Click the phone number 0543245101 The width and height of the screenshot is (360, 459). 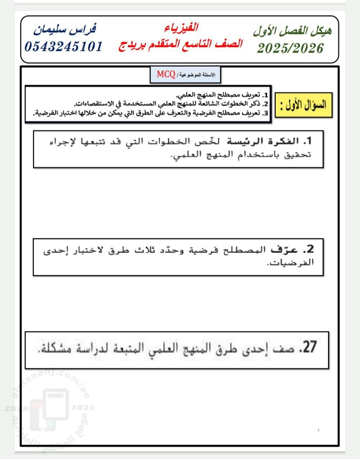[x=64, y=47]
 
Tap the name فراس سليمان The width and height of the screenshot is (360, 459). [x=65, y=29]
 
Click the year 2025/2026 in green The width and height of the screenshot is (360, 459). [x=290, y=48]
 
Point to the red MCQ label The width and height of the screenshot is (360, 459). [x=166, y=74]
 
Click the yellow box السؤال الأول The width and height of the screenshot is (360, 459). [x=303, y=105]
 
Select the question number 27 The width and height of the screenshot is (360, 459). [x=308, y=347]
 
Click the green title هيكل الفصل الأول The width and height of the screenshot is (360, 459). [x=292, y=31]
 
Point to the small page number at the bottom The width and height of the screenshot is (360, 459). [x=318, y=430]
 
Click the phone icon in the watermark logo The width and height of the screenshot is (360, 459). [x=55, y=409]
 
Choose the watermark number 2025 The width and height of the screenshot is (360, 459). [x=83, y=408]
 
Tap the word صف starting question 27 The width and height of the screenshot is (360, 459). [x=284, y=348]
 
